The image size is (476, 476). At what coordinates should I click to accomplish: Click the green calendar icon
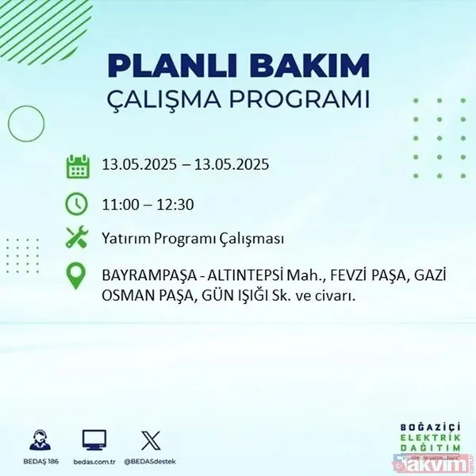click(77, 167)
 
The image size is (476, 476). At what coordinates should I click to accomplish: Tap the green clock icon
click(77, 203)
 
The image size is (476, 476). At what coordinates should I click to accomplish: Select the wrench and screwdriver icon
click(77, 239)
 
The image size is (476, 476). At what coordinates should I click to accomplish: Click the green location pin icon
click(77, 278)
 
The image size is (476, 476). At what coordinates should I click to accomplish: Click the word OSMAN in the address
click(129, 297)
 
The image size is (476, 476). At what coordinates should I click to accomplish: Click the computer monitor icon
click(94, 439)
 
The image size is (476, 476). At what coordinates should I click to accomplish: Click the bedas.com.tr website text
click(94, 460)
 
